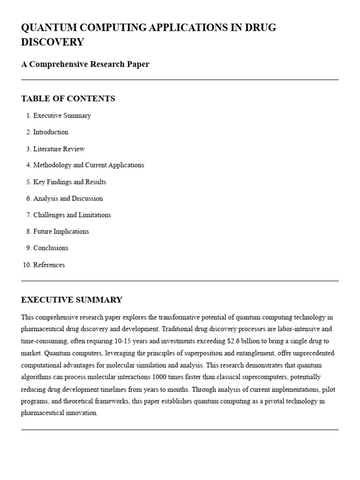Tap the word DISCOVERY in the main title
pyautogui.click(x=52, y=42)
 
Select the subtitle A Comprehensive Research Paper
pyautogui.click(x=85, y=64)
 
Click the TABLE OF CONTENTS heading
pyautogui.click(x=68, y=98)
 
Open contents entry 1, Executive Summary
pyautogui.click(x=62, y=116)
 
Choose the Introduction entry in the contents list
pyautogui.click(x=51, y=132)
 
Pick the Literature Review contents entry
pyautogui.click(x=59, y=149)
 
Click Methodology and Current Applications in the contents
pyautogui.click(x=89, y=165)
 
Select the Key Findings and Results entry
pyautogui.click(x=69, y=182)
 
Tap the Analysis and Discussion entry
pyautogui.click(x=68, y=199)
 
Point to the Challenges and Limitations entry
pyautogui.click(x=72, y=215)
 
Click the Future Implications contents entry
pyautogui.click(x=61, y=232)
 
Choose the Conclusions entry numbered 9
pyautogui.click(x=51, y=248)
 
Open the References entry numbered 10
pyautogui.click(x=49, y=265)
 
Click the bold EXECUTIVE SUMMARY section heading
pyautogui.click(x=72, y=300)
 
